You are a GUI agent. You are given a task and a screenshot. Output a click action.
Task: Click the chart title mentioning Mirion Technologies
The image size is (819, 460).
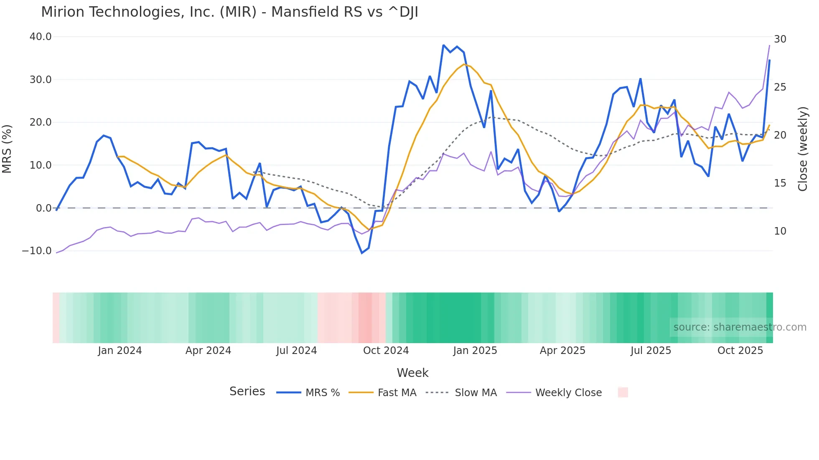tap(229, 12)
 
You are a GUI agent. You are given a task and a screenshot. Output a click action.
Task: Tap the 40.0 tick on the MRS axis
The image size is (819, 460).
tap(41, 37)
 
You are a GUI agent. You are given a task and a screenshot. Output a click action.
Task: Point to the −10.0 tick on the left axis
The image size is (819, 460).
tap(37, 251)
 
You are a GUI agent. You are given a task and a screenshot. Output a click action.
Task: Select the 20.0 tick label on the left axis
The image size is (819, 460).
tap(41, 122)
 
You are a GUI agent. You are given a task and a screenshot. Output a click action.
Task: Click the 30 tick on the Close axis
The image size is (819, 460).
tap(780, 39)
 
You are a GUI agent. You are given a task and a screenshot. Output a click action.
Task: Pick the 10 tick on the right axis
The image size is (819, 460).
tap(780, 231)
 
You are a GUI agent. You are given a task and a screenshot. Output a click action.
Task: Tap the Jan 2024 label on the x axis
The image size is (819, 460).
tap(120, 351)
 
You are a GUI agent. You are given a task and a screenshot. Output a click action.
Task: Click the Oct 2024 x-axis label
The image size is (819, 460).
tap(386, 351)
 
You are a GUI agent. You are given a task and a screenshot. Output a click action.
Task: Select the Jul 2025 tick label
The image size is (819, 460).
tap(651, 351)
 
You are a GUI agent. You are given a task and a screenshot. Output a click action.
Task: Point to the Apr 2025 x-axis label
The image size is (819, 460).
tap(562, 351)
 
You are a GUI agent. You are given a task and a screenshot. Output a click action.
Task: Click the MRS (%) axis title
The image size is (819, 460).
tap(7, 149)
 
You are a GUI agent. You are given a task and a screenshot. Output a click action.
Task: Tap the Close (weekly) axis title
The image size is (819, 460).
tap(803, 149)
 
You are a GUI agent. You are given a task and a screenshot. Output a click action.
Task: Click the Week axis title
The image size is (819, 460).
tap(412, 373)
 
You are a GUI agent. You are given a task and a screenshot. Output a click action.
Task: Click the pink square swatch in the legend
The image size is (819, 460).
tap(623, 392)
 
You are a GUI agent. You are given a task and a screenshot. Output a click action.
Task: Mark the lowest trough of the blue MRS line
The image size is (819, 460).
tap(362, 253)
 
